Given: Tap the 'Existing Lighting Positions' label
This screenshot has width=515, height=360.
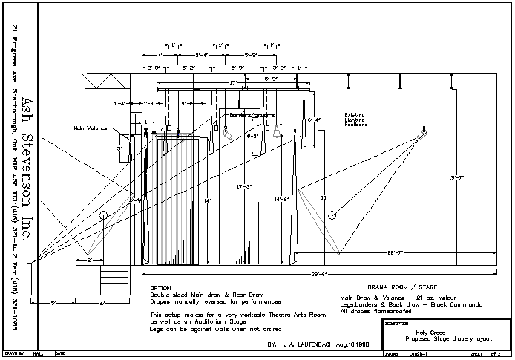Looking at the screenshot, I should tap(354, 120).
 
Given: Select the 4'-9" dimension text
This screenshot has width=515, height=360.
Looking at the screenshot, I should tap(253, 136).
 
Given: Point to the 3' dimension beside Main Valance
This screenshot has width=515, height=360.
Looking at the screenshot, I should tap(119, 148).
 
